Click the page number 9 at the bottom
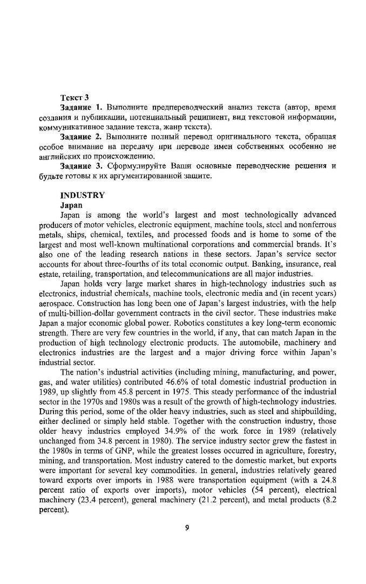click(x=187, y=529)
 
